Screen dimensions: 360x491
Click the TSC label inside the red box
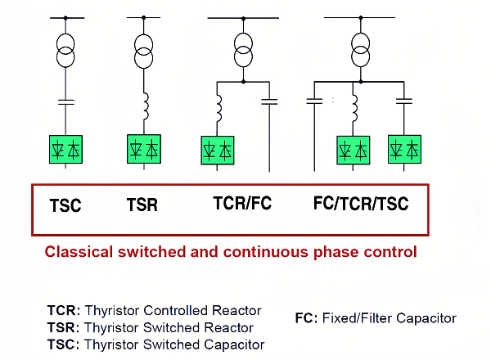65,205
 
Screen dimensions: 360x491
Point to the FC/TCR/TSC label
360,205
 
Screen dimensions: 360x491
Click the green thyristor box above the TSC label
65,150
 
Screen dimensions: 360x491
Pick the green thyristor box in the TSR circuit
144,150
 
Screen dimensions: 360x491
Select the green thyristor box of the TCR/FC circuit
218,151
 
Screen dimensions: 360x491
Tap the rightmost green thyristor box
404,151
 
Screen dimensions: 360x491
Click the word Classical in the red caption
76,252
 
